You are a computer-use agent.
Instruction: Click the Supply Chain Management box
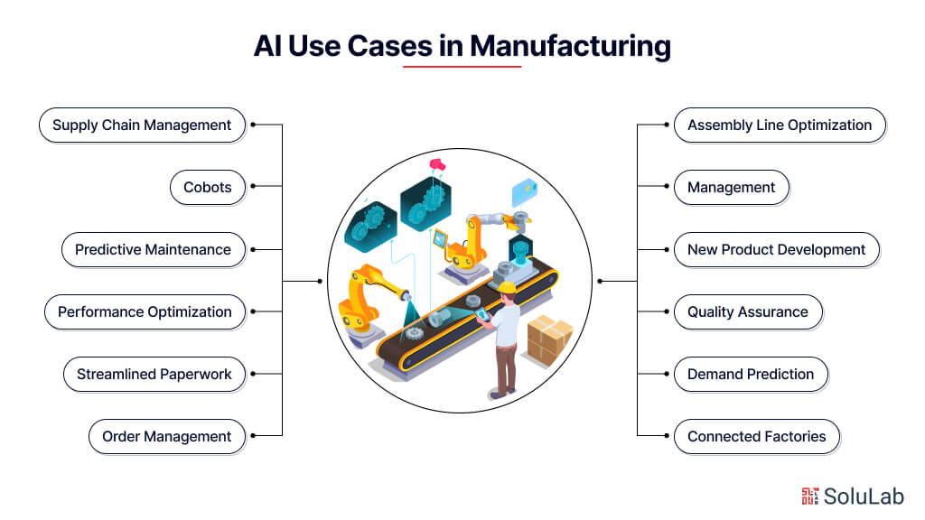pyautogui.click(x=142, y=125)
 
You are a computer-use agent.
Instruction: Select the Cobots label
pyautogui.click(x=208, y=188)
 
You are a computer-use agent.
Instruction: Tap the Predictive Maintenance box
pyautogui.click(x=153, y=250)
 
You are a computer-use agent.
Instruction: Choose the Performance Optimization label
pyautogui.click(x=145, y=312)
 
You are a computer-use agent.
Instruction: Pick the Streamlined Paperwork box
pyautogui.click(x=154, y=375)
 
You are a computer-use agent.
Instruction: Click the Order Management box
pyautogui.click(x=166, y=437)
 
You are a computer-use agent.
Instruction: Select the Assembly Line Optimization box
pyautogui.click(x=780, y=125)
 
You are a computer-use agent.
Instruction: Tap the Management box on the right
pyautogui.click(x=731, y=188)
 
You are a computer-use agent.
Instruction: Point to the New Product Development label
pyautogui.click(x=776, y=250)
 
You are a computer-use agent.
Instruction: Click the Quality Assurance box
pyautogui.click(x=747, y=312)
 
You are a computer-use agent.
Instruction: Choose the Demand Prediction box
pyautogui.click(x=750, y=375)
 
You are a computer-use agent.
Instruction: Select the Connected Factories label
pyautogui.click(x=756, y=437)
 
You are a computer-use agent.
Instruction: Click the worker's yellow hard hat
pyautogui.click(x=508, y=288)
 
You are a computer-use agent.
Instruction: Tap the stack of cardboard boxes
pyautogui.click(x=549, y=339)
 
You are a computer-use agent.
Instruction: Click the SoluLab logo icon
pyautogui.click(x=809, y=496)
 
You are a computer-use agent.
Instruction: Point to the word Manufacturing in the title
pyautogui.click(x=570, y=45)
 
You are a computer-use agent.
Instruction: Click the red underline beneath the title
pyautogui.click(x=462, y=67)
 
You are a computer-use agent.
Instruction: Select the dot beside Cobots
pyautogui.click(x=253, y=187)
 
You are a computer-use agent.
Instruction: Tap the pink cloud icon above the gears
pyautogui.click(x=439, y=163)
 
